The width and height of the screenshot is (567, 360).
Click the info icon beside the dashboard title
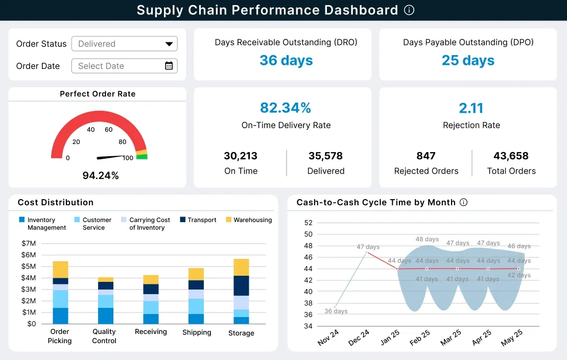[409, 10]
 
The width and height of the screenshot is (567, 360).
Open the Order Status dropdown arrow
[169, 44]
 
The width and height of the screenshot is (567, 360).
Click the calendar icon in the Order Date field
[169, 65]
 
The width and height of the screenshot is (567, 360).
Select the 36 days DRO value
[286, 60]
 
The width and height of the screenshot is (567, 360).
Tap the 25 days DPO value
[468, 60]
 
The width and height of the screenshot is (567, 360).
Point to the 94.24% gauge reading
[101, 176]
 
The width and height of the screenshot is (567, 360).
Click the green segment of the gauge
[141, 157]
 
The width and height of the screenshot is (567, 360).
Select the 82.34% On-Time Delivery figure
[286, 108]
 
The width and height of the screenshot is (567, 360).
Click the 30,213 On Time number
[241, 156]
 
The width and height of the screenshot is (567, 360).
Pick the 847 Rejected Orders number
[426, 156]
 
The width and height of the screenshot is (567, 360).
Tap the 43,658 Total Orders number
[511, 156]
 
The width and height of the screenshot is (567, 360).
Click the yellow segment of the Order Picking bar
[60, 269]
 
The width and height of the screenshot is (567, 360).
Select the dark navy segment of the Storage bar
[241, 285]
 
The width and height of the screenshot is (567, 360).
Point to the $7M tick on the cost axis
[29, 243]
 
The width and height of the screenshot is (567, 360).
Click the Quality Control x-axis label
[104, 336]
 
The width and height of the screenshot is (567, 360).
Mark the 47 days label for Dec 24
[368, 247]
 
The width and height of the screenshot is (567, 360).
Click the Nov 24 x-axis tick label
[328, 338]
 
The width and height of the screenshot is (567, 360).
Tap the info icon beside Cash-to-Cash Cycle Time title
[464, 202]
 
